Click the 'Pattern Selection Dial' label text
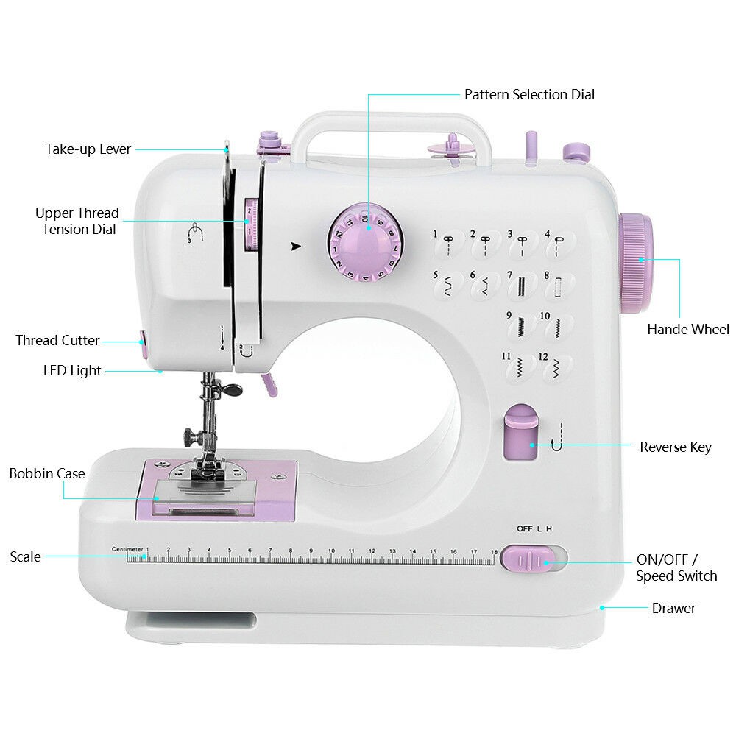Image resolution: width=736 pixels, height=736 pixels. tap(529, 94)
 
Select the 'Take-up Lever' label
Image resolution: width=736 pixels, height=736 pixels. tap(88, 149)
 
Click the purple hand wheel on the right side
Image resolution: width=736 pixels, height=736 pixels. tap(636, 263)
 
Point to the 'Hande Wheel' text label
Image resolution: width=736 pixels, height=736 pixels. tap(688, 329)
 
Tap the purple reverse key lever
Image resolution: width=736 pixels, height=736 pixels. tap(520, 432)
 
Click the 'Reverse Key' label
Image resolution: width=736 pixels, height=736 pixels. tap(676, 447)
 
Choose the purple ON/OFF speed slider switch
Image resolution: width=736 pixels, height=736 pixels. tap(528, 559)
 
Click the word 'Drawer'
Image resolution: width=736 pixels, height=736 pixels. tap(673, 608)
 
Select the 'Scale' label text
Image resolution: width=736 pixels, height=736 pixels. tap(25, 556)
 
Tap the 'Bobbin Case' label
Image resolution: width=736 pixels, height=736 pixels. tap(47, 473)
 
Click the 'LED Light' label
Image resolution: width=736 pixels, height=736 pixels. tap(72, 370)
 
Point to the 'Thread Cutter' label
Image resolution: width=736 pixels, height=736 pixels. tap(57, 340)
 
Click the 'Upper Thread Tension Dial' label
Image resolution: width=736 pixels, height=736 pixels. tap(77, 221)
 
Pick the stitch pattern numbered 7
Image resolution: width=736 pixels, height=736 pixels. tap(520, 284)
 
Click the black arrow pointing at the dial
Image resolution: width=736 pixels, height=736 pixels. tap(296, 246)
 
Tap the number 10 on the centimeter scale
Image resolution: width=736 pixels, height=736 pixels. tap(331, 551)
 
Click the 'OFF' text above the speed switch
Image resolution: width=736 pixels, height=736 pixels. tap(524, 528)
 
